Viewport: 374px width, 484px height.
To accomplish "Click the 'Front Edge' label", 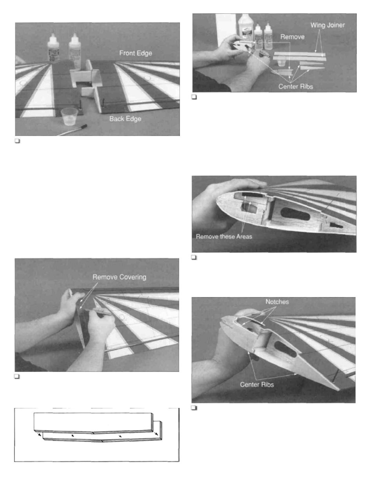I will point(136,53).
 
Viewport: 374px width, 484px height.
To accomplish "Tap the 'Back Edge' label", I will point(125,119).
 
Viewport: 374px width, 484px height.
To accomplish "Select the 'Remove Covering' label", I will point(119,277).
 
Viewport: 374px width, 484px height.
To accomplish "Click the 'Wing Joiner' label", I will point(327,25).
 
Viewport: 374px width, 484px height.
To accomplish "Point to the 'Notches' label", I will point(277,302).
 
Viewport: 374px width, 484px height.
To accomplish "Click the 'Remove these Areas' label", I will point(224,237).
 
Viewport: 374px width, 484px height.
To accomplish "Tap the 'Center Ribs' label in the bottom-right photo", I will point(257,384).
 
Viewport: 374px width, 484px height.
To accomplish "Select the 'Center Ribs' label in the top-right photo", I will point(296,87).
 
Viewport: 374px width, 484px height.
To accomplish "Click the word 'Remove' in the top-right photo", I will point(292,37).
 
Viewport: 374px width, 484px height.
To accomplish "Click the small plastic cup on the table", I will point(69,116).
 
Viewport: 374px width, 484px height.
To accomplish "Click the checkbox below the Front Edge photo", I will point(17,141).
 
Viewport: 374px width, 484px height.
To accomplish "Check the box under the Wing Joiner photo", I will point(194,97).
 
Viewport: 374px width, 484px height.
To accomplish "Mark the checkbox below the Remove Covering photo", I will point(17,377).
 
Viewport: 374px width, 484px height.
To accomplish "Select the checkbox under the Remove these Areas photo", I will point(194,257).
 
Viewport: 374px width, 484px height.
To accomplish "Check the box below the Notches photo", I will point(194,408).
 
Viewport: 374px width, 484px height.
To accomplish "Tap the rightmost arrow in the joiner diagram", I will point(156,434).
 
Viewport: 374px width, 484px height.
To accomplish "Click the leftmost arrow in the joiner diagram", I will point(38,434).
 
